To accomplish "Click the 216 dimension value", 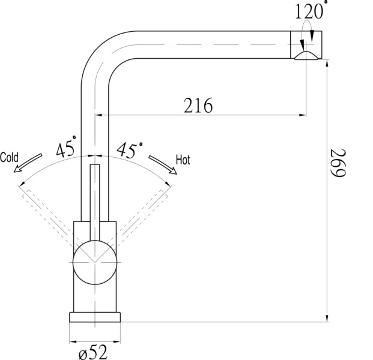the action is pyautogui.click(x=198, y=106).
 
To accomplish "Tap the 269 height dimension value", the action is pyautogui.click(x=338, y=163).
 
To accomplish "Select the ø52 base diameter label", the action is pyautogui.click(x=93, y=352).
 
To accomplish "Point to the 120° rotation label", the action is pyautogui.click(x=311, y=11).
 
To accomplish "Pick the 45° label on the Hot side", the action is pyautogui.click(x=129, y=150).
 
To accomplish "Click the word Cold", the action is pyautogui.click(x=9, y=157).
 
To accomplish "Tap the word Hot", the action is pyautogui.click(x=183, y=160).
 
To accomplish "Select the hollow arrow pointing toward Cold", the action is pyautogui.click(x=28, y=163).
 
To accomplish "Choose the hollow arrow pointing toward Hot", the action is pyautogui.click(x=163, y=164).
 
